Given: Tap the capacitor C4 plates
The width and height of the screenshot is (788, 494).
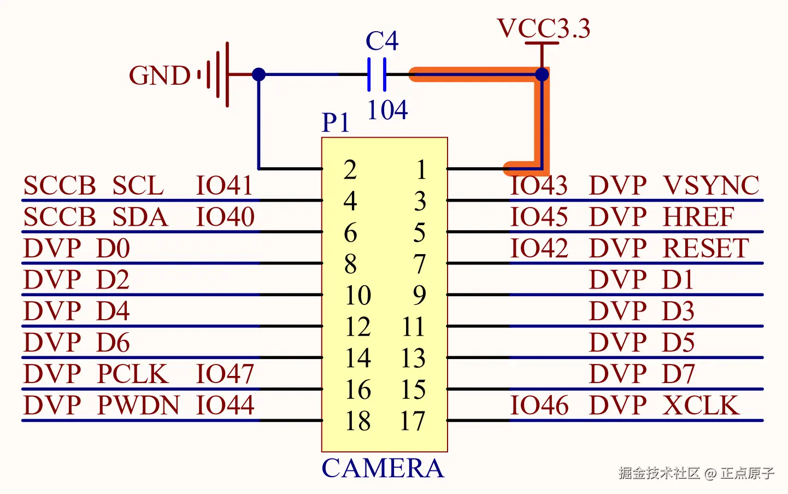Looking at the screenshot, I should (377, 74).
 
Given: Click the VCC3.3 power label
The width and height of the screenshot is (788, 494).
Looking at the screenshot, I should (544, 28).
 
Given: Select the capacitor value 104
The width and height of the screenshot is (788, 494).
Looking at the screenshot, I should (387, 110).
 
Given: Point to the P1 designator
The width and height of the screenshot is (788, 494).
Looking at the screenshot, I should (335, 122).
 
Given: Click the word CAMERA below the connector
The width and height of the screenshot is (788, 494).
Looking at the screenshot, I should (383, 468).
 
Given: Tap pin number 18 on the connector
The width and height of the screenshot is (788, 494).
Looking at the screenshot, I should (358, 421).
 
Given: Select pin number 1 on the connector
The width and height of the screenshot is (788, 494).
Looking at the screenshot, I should (421, 169).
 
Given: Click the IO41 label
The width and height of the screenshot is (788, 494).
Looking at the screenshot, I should (224, 186).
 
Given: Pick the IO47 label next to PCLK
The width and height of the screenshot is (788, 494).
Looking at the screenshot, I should (225, 374).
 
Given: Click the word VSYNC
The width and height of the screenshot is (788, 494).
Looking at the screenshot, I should (711, 186).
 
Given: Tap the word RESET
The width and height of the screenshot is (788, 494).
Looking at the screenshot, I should (705, 249).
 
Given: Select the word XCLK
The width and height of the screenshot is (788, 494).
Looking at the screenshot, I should (701, 405).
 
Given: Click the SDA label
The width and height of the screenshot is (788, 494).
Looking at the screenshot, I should (140, 217).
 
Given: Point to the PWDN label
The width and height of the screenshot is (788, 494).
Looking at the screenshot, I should (138, 405).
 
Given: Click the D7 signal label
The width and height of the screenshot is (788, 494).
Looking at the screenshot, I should (678, 374).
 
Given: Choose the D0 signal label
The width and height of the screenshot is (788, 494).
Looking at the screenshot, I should (113, 249).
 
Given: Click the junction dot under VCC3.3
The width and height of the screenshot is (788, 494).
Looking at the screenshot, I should (542, 74).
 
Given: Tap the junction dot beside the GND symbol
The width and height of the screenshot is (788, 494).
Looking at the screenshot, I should (259, 74).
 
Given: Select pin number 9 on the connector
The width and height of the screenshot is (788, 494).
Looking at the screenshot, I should (419, 295).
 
